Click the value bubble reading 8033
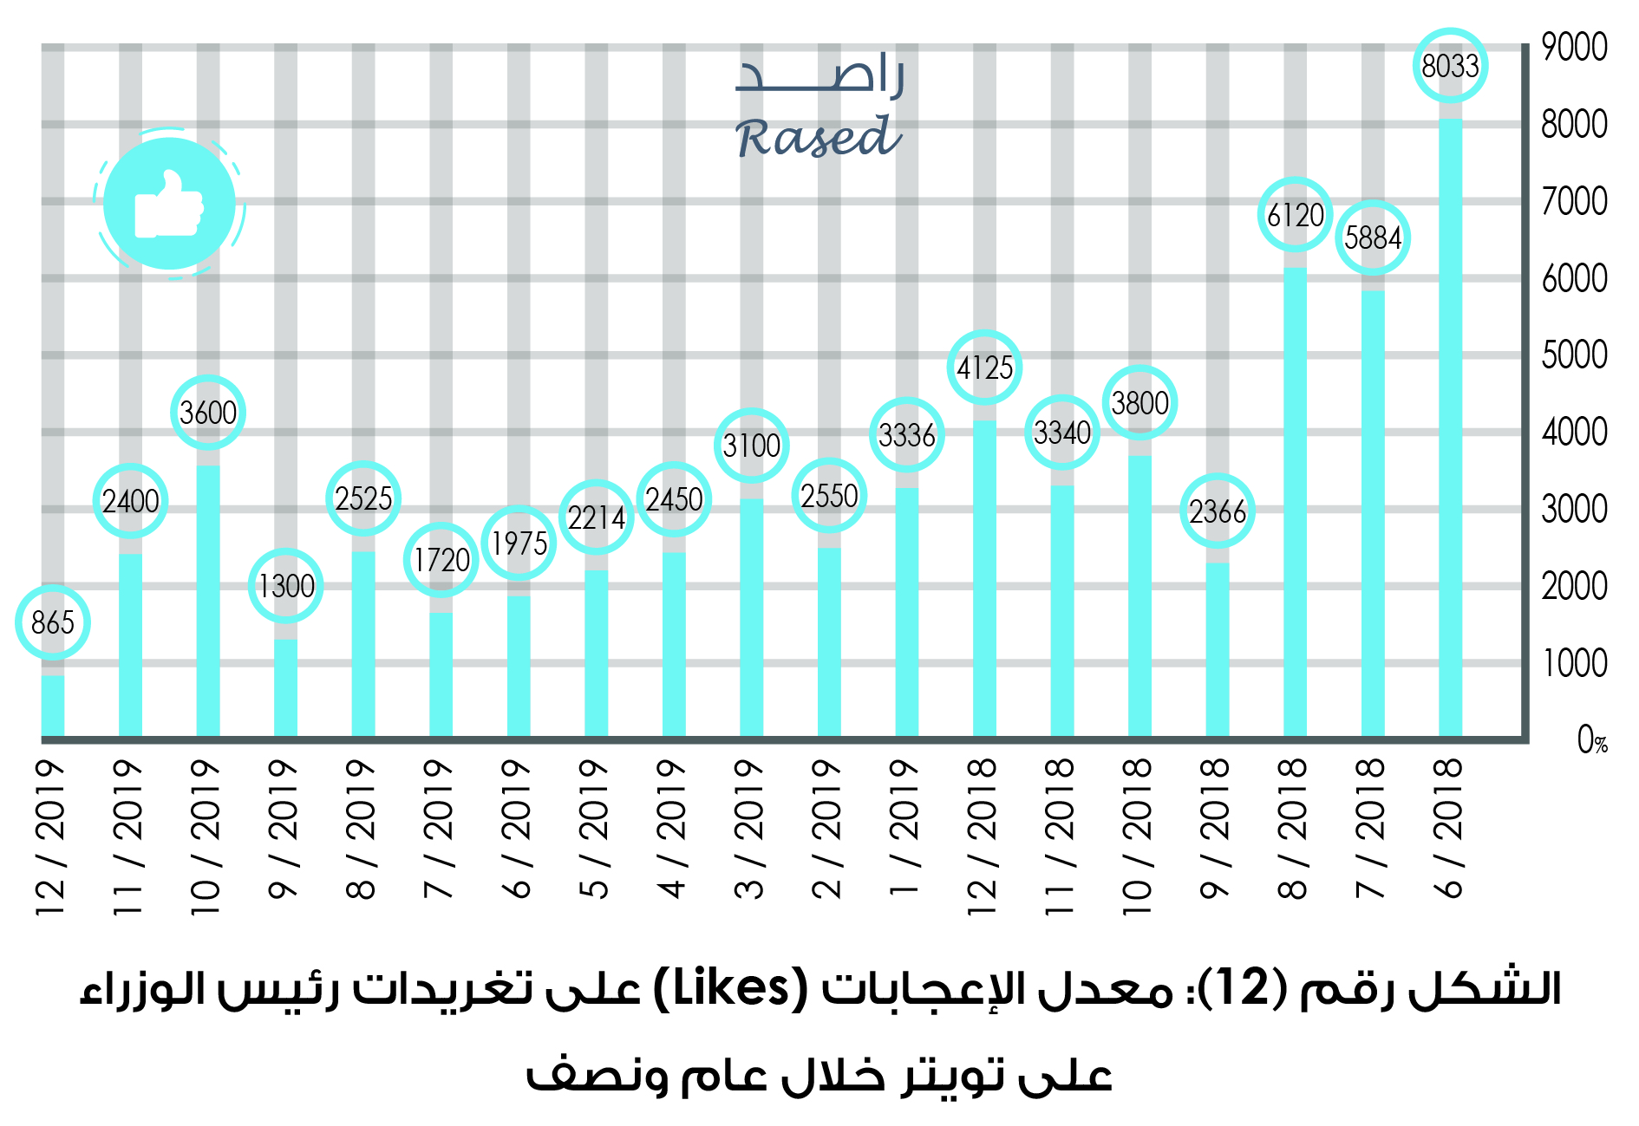1450,66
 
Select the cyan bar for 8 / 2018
1295,503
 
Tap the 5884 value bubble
1373,238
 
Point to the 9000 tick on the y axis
1574,48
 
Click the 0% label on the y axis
1592,740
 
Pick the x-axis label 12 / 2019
51,837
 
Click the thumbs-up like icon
169,205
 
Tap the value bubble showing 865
53,622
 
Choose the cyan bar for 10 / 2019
208,602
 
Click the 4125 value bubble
984,368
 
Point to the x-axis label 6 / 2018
1450,827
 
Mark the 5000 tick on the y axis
1574,355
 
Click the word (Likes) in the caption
729,989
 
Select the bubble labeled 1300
286,586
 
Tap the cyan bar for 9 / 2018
1218,650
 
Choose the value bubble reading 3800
1139,403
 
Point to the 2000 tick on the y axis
1574,587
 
